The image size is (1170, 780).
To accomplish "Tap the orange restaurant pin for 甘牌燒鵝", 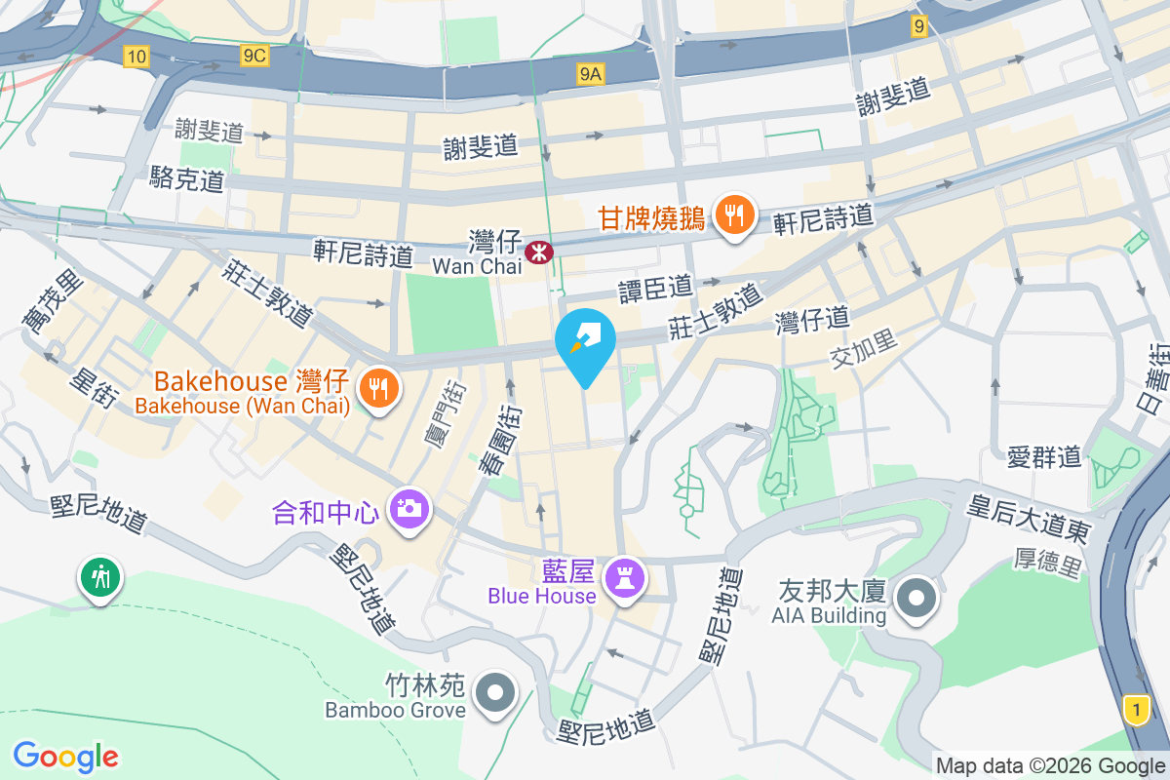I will (734, 214).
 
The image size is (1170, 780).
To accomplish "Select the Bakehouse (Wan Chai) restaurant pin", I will (377, 389).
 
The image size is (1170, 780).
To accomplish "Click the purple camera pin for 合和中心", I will (409, 509).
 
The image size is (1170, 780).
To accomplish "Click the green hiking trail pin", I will (100, 577).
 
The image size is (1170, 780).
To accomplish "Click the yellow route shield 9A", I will (591, 73).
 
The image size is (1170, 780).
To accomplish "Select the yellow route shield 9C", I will (254, 56).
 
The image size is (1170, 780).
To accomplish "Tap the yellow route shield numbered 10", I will (136, 57).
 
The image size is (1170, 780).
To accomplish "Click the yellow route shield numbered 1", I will (1135, 708).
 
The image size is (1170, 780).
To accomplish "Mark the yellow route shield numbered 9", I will (918, 27).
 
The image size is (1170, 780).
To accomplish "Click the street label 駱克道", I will (187, 178).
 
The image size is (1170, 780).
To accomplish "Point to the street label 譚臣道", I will (655, 288).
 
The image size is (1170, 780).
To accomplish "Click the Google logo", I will (66, 757).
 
